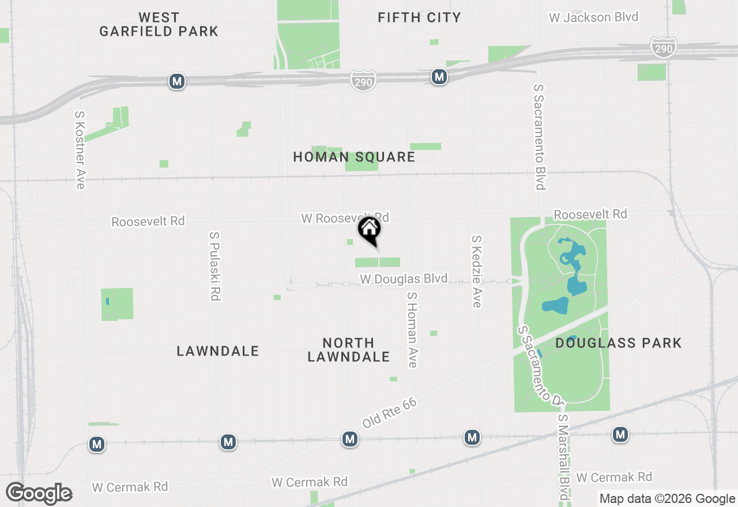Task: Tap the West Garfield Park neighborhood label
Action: point(159,24)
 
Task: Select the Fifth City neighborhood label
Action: point(419,17)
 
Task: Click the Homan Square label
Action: point(354,157)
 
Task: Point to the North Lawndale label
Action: point(348,350)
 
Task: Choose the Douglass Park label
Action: point(619,343)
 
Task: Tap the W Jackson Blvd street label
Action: point(593,17)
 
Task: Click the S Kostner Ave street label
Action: point(80,150)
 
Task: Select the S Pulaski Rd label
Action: point(215,266)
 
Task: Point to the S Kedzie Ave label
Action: point(476,271)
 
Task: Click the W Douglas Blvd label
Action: point(404,279)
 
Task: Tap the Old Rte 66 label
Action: point(389,413)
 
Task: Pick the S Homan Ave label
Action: point(412,329)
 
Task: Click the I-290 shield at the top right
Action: point(663,48)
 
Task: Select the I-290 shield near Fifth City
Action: point(363,81)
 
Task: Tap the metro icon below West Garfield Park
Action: point(177,81)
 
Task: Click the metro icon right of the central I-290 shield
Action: point(439,76)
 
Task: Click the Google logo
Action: point(39,493)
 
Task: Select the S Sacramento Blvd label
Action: point(539,137)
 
